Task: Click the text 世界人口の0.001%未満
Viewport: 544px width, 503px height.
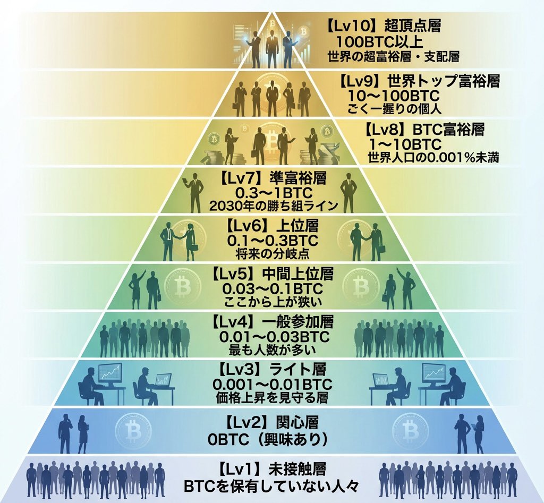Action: coord(433,158)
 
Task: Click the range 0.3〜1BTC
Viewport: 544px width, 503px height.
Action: coord(271,192)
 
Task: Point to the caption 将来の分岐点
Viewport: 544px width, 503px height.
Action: coord(271,254)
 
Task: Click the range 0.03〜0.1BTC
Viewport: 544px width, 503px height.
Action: coord(271,289)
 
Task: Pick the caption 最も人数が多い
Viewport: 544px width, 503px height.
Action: coord(271,350)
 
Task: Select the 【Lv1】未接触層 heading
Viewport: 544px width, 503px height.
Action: coord(271,470)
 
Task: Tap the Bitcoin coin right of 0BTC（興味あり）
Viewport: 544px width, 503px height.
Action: coord(410,428)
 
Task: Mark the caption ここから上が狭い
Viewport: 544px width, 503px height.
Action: coord(271,303)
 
